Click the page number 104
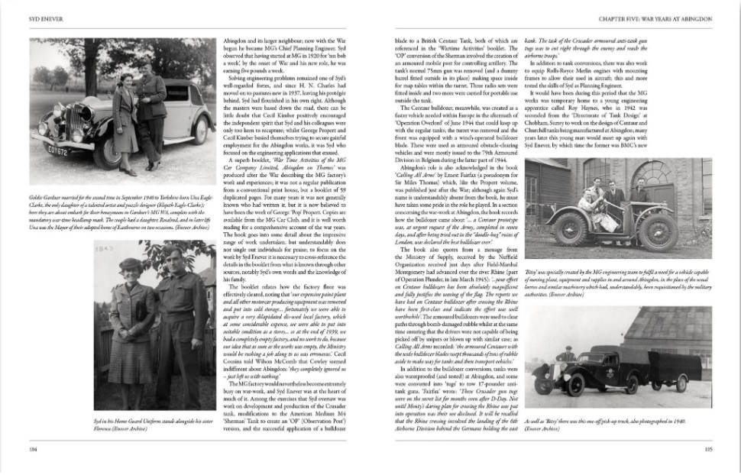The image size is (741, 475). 33,451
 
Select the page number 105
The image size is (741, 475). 708,451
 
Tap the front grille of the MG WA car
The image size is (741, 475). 75,124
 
